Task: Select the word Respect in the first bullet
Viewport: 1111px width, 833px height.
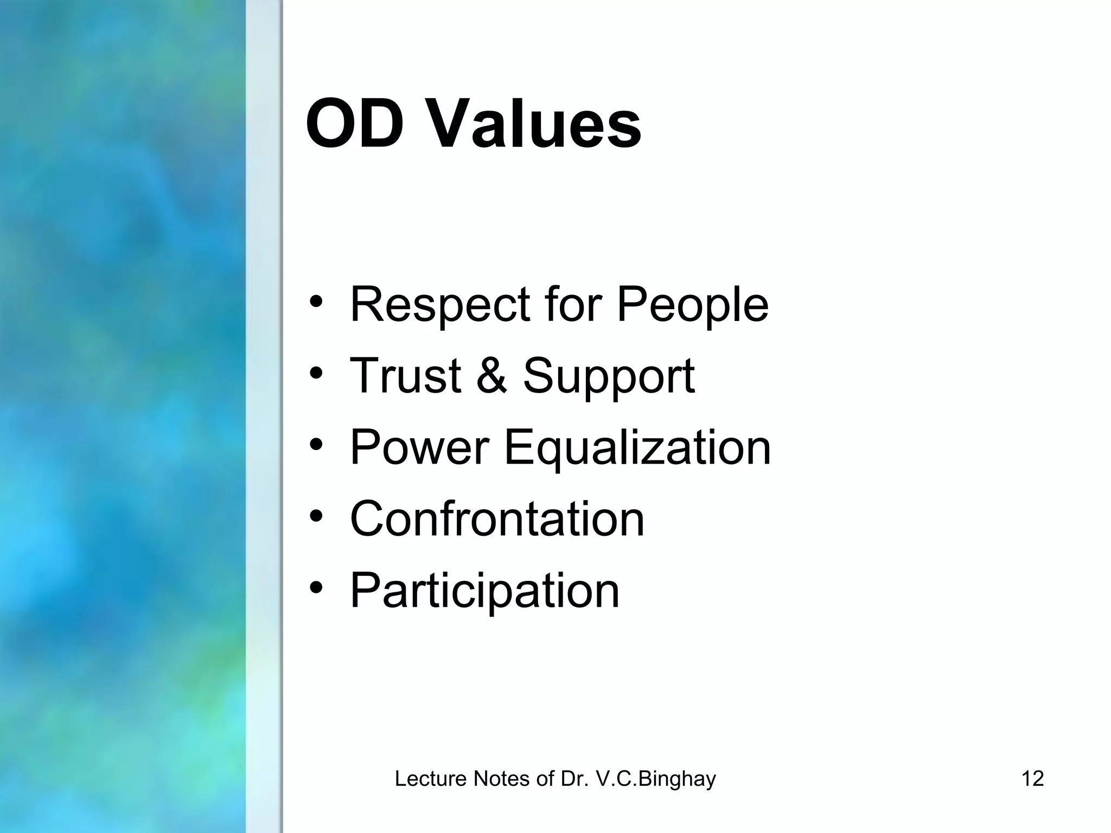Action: click(x=440, y=305)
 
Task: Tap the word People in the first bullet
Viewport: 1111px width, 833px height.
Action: click(x=693, y=305)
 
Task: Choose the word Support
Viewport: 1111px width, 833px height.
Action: click(x=609, y=377)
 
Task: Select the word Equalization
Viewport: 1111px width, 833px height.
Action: click(x=637, y=449)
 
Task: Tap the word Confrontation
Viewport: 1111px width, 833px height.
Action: click(x=497, y=519)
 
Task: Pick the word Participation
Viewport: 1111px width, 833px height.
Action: click(x=484, y=591)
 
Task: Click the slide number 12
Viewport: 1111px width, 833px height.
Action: click(x=1032, y=779)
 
